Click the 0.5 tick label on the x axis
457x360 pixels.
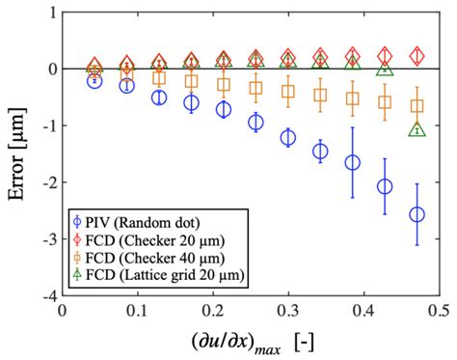tap(439, 311)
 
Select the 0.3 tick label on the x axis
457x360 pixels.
tap(288, 311)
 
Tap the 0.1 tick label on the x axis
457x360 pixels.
tap(137, 311)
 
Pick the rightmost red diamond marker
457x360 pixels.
tap(417, 56)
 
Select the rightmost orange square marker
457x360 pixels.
tap(417, 106)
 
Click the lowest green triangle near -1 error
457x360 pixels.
tap(417, 129)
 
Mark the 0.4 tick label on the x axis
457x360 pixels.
tap(363, 311)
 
